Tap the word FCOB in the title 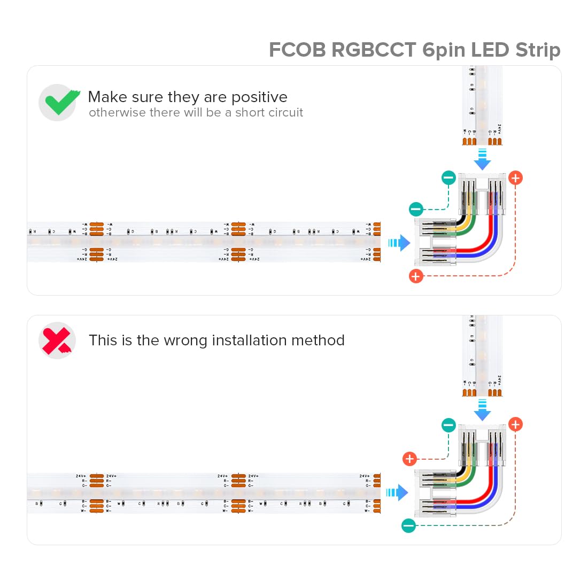pos(297,50)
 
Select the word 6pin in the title pos(444,50)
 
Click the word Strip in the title pos(537,50)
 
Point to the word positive pos(259,97)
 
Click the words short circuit pos(269,113)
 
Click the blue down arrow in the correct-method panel pos(482,160)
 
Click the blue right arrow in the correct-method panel pos(399,243)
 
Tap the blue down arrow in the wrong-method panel pos(482,409)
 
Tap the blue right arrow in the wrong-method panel pos(397,492)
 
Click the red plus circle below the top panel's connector pos(416,276)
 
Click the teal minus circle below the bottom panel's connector pos(408,525)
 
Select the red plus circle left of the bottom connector pos(409,459)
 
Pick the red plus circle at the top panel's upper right pos(515,178)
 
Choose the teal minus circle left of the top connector pos(416,210)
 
